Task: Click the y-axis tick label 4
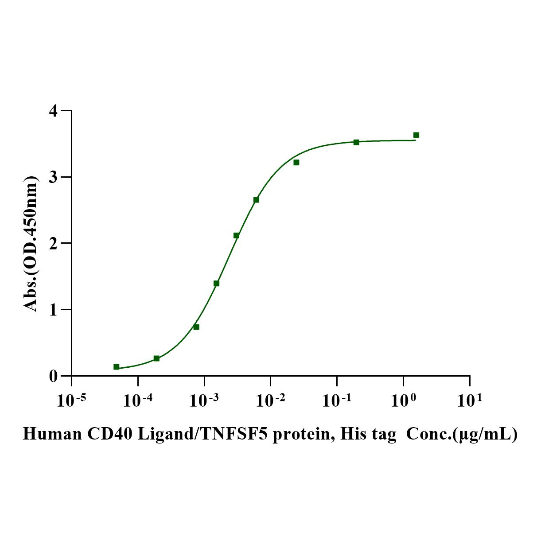pyautogui.click(x=54, y=111)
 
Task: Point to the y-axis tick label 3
pyautogui.click(x=54, y=177)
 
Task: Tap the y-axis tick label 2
pyautogui.click(x=54, y=243)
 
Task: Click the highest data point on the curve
pyautogui.click(x=416, y=135)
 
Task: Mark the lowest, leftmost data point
pyautogui.click(x=116, y=367)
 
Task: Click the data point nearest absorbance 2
pyautogui.click(x=236, y=235)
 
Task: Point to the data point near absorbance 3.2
pyautogui.click(x=296, y=163)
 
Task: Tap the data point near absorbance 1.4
pyautogui.click(x=216, y=283)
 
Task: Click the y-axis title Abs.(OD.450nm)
pyautogui.click(x=31, y=244)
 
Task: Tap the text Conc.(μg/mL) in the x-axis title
pyautogui.click(x=461, y=435)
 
